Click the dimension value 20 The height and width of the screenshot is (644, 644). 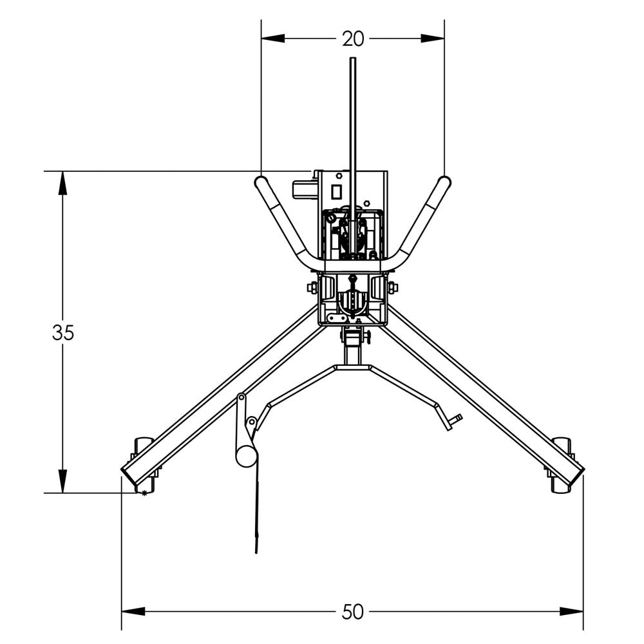coord(352,39)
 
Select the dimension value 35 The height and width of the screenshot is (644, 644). coord(63,333)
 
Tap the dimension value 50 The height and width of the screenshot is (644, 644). coord(352,612)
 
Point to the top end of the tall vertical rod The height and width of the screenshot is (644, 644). coord(352,59)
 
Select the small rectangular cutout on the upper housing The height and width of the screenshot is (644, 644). coord(336,191)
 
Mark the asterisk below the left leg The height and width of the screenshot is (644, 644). coord(145,493)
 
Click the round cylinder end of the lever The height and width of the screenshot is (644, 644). coord(246,455)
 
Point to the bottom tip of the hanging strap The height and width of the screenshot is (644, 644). coord(256,551)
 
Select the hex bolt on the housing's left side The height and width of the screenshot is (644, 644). coord(312,287)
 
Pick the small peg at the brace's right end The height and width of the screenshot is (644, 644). coord(456,420)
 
